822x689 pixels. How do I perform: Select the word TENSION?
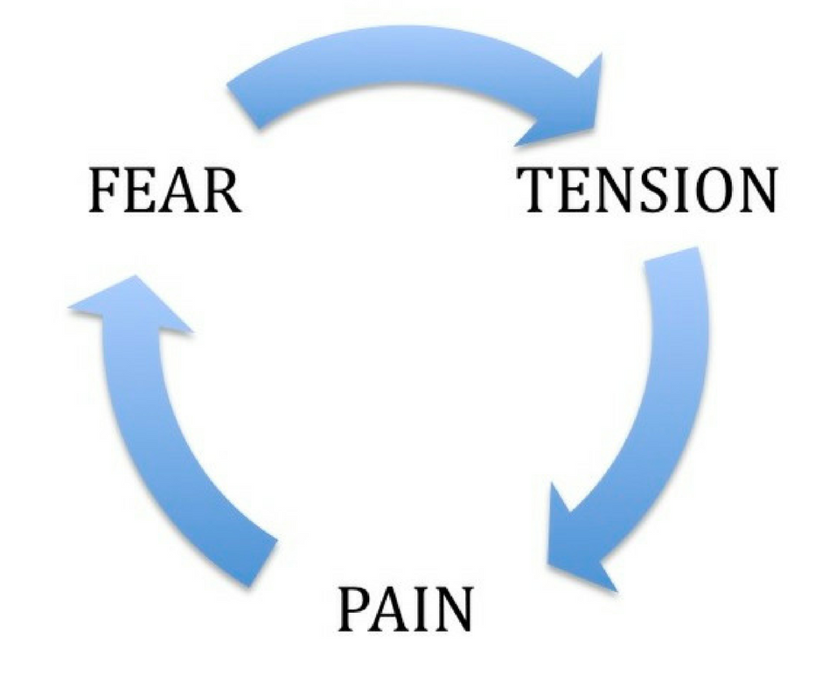click(x=647, y=190)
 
